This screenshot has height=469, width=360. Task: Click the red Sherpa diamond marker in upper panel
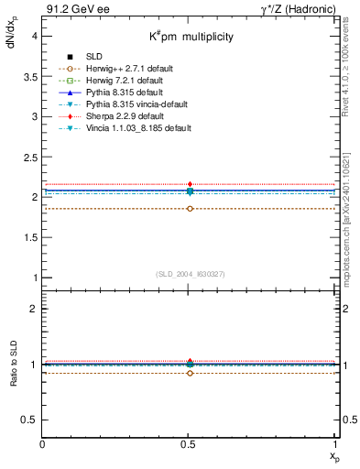190,184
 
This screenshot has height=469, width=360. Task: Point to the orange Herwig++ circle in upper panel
190,209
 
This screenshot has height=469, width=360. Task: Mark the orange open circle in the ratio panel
190,373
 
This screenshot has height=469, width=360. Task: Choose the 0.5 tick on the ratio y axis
33,420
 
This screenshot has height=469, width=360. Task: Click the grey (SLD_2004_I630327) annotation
190,274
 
